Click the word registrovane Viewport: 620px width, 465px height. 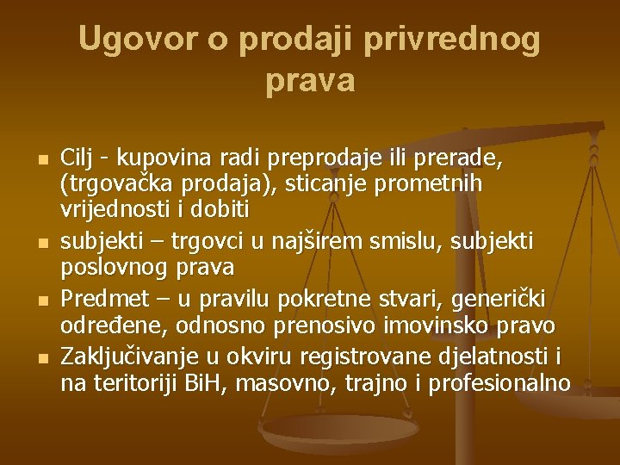356,356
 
